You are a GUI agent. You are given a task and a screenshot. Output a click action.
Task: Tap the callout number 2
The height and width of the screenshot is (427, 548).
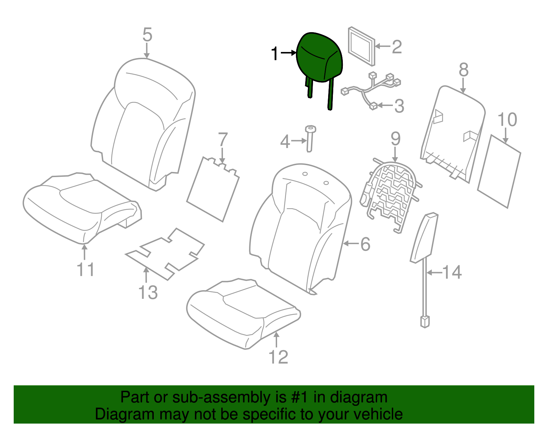click(397, 47)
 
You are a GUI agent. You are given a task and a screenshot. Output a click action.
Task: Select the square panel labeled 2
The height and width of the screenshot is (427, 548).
click(361, 46)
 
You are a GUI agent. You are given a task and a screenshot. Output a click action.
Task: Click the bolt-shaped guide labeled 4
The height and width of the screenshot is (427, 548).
click(310, 138)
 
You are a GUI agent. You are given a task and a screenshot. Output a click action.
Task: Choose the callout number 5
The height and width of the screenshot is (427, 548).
click(147, 35)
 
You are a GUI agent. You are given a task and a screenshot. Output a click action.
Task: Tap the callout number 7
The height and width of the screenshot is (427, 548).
click(223, 139)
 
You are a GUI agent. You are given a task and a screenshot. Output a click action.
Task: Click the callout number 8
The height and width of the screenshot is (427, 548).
click(463, 70)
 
